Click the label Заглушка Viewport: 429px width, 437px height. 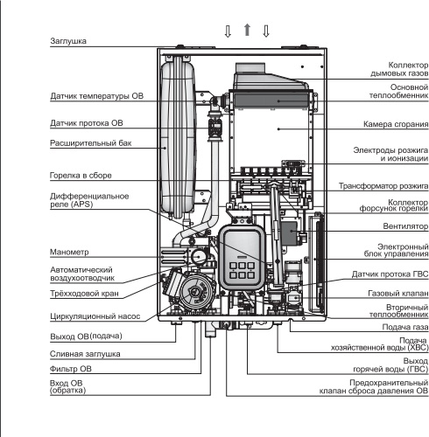[x=68, y=41]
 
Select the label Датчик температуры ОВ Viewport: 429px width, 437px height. [x=97, y=96]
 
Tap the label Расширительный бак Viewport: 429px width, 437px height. [x=91, y=143]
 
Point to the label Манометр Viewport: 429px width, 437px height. [x=69, y=252]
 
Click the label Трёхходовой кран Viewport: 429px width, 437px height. [x=84, y=294]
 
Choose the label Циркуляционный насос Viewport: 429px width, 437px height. [x=95, y=316]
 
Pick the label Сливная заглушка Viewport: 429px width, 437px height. [x=85, y=354]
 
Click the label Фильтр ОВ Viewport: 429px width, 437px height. [x=71, y=369]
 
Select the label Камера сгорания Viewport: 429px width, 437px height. [x=396, y=124]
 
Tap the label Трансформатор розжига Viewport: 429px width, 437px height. [x=383, y=186]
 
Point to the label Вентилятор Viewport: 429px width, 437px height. [x=405, y=226]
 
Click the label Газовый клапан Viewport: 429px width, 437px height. [x=398, y=294]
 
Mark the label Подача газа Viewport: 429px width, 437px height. [x=405, y=327]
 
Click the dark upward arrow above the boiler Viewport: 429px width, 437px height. [x=247, y=30]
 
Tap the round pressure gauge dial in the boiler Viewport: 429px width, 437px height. [x=198, y=257]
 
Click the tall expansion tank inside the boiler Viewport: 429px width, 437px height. [x=178, y=137]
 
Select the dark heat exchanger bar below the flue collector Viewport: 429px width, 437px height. [x=271, y=101]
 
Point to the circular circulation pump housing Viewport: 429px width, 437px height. [x=195, y=291]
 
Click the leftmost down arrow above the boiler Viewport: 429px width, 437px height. [x=228, y=31]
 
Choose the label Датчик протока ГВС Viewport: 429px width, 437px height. [x=390, y=274]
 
